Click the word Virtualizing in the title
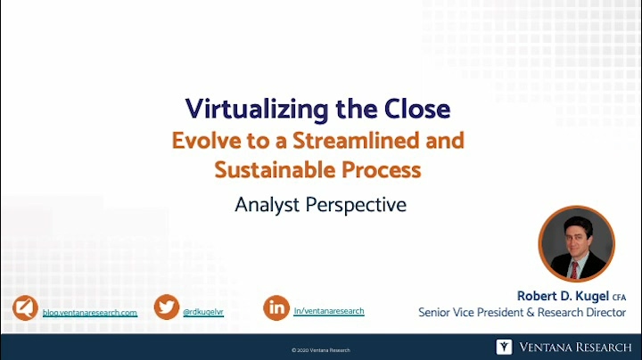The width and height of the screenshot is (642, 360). pyautogui.click(x=257, y=110)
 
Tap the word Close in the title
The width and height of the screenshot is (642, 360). pyautogui.click(x=416, y=109)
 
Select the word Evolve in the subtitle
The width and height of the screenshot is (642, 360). pyautogui.click(x=206, y=141)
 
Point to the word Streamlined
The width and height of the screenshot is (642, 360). pyautogui.click(x=356, y=140)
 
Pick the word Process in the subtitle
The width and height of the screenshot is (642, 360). pyautogui.click(x=382, y=170)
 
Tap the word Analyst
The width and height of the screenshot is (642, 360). pyautogui.click(x=267, y=205)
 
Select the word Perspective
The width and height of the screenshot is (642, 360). pyautogui.click(x=356, y=206)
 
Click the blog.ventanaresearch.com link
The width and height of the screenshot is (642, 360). pyautogui.click(x=90, y=313)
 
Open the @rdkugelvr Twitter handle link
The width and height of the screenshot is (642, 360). pyautogui.click(x=203, y=312)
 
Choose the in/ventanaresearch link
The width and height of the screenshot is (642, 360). pyautogui.click(x=329, y=311)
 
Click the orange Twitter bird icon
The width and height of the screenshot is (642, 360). pyautogui.click(x=167, y=307)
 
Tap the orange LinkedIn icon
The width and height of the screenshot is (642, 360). pyautogui.click(x=276, y=307)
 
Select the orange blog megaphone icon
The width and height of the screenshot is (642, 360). pyautogui.click(x=25, y=307)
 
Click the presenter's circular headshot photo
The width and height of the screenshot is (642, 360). pyautogui.click(x=577, y=244)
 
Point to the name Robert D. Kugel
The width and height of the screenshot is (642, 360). pyautogui.click(x=563, y=296)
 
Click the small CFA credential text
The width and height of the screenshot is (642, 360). pyautogui.click(x=619, y=298)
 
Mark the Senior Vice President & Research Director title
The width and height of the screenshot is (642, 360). pyautogui.click(x=522, y=313)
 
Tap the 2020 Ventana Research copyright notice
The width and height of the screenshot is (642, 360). pyautogui.click(x=321, y=350)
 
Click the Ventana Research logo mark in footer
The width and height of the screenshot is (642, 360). pyautogui.click(x=504, y=347)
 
